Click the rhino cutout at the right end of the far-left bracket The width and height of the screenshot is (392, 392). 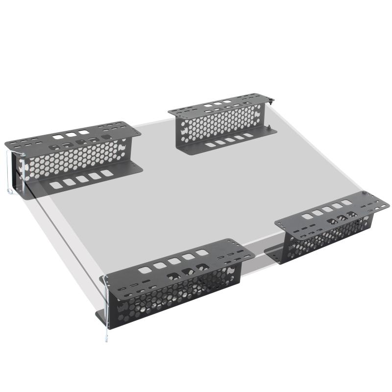coord(120,147)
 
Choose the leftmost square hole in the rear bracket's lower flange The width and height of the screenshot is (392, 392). coord(209,145)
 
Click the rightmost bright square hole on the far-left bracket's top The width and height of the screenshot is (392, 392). coord(84,132)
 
